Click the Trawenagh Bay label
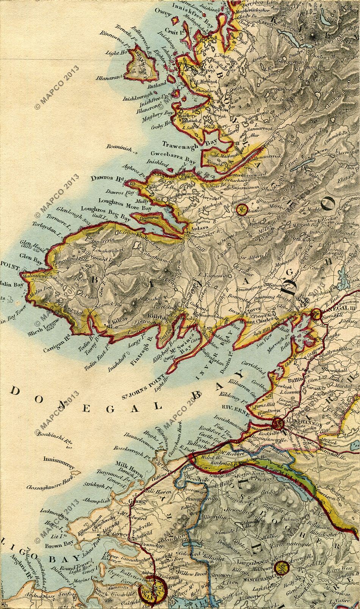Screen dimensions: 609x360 point(183,144)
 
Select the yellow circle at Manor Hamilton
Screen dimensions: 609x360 point(281,568)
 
